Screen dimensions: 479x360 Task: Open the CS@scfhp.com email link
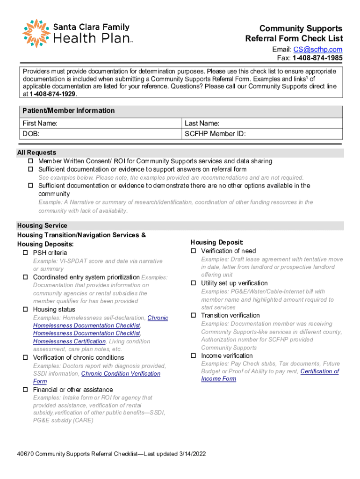(x=317, y=50)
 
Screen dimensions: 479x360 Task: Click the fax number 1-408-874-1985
(x=317, y=58)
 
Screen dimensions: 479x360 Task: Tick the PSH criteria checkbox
(x=25, y=253)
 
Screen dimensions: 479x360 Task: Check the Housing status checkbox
(x=25, y=310)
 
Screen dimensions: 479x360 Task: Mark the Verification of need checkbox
(x=194, y=251)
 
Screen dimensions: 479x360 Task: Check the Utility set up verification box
(x=194, y=283)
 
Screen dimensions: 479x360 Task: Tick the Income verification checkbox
(x=194, y=356)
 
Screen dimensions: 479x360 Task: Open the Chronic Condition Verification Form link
(x=121, y=374)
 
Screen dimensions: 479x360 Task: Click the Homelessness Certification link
(x=69, y=341)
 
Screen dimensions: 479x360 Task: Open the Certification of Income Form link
(x=319, y=371)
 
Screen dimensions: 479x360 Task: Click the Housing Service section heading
(x=42, y=225)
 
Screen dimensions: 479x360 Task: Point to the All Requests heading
(x=36, y=152)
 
